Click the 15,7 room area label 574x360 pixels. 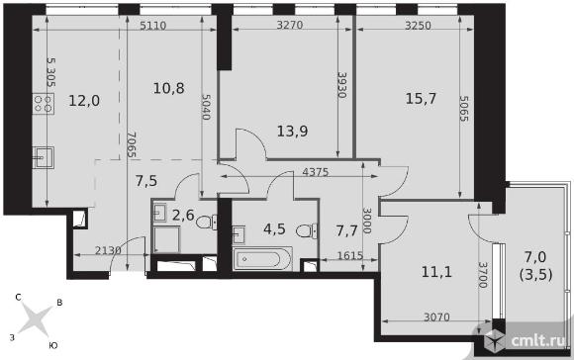click(421, 99)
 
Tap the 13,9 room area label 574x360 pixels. click(292, 131)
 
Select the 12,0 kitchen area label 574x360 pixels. click(84, 101)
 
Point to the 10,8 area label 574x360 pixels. click(168, 88)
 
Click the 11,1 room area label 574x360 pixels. click(436, 272)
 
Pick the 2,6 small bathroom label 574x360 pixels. click(183, 216)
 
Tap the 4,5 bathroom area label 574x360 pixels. click(274, 229)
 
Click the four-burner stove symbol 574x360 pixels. click(44, 104)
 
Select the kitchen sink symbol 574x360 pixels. click(44, 157)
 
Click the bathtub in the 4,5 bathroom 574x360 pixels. click(262, 259)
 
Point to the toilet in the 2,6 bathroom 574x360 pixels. click(207, 223)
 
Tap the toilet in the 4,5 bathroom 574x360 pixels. click(307, 230)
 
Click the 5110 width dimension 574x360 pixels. click(153, 26)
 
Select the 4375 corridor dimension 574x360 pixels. click(316, 172)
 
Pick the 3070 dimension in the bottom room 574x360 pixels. click(436, 316)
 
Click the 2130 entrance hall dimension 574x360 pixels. click(108, 250)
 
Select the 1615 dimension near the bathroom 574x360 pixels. click(349, 256)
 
